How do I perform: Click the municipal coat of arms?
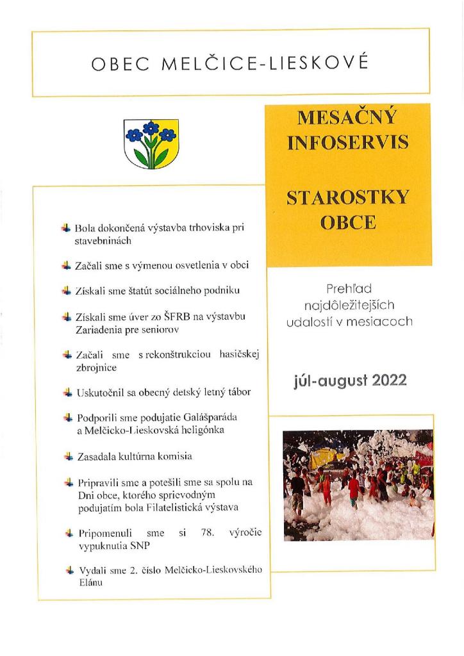(151, 143)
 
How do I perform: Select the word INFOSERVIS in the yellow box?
(348, 142)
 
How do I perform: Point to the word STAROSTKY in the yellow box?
(348, 197)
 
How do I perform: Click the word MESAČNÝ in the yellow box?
(348, 119)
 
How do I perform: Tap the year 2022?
(383, 381)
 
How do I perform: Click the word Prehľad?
(349, 289)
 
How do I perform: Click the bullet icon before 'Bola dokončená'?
(65, 227)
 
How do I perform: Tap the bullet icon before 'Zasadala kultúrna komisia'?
(65, 456)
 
